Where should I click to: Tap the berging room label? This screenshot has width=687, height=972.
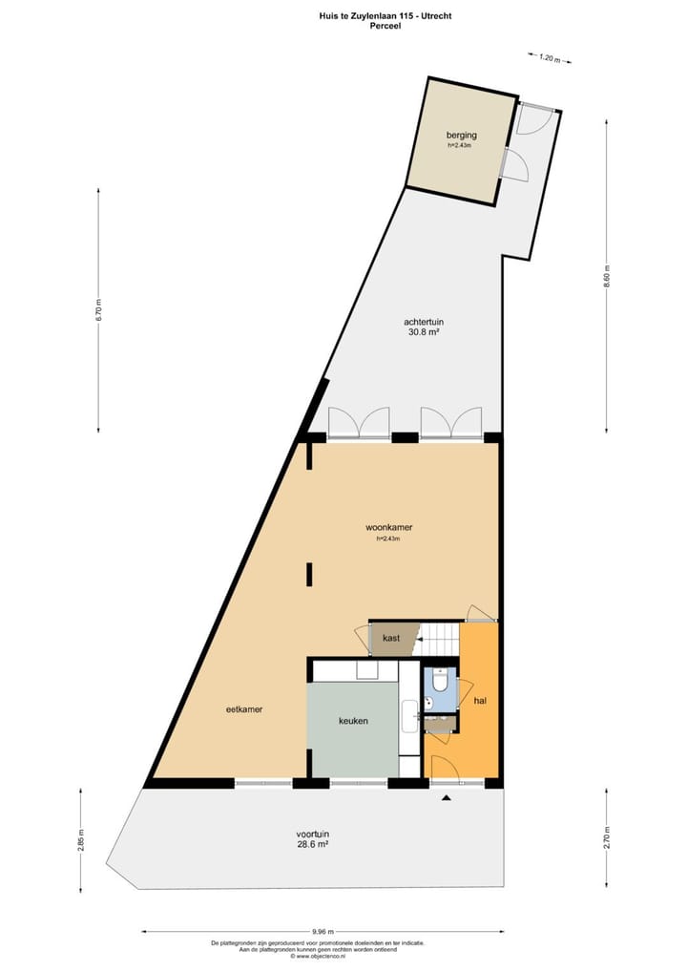point(461,136)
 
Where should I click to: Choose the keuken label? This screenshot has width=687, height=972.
point(353,721)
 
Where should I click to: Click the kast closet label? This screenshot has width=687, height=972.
point(390,637)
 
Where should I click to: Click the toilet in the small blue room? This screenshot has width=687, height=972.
point(440,681)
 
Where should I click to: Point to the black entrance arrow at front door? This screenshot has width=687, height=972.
point(446,799)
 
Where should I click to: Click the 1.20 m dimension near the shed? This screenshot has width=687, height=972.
point(549,58)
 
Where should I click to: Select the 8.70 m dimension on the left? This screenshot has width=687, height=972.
point(98,310)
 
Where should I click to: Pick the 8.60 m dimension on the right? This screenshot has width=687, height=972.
point(607,284)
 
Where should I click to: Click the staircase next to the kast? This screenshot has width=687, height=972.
point(440,634)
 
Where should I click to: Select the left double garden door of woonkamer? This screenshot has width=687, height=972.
point(358,423)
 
